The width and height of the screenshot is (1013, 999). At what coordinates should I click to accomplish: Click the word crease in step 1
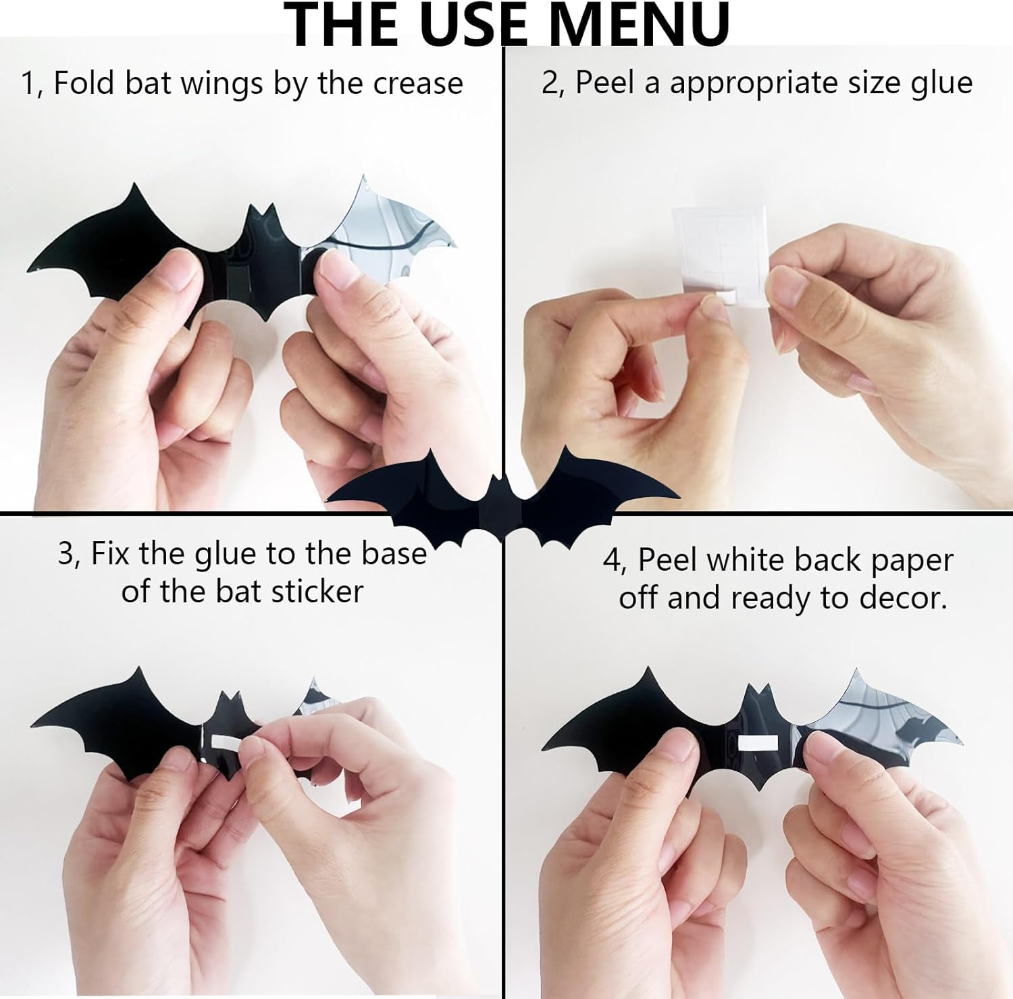(x=418, y=84)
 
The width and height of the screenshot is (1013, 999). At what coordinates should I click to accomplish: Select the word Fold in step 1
(x=84, y=84)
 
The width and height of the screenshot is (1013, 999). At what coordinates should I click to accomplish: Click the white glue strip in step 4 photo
(x=758, y=744)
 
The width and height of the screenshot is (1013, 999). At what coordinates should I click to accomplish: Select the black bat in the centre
(x=503, y=500)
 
